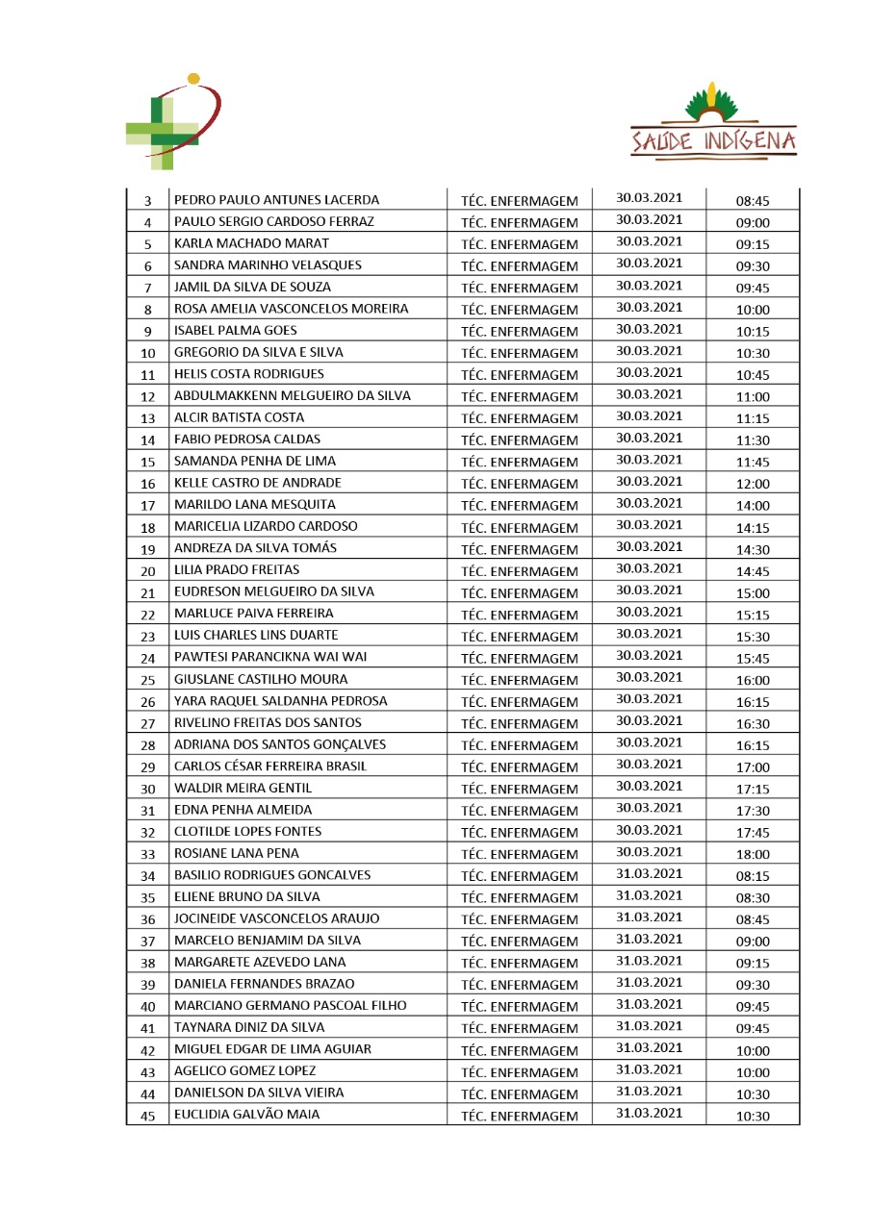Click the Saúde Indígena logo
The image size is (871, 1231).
click(713, 121)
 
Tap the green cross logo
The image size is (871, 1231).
click(171, 124)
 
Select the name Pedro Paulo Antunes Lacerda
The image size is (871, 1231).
click(276, 200)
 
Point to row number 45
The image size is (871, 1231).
click(147, 1116)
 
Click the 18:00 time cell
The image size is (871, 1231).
click(753, 854)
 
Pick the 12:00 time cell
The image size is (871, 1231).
click(753, 484)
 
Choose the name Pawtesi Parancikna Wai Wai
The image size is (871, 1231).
click(269, 658)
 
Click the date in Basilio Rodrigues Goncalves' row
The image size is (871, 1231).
click(649, 874)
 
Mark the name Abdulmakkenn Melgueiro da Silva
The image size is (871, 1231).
click(292, 396)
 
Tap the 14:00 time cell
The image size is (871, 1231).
click(753, 506)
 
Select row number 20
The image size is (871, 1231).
click(147, 571)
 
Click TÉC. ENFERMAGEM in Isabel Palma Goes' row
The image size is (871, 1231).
click(520, 332)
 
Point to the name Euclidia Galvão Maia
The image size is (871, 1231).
click(246, 1115)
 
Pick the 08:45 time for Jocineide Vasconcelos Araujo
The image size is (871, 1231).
click(753, 919)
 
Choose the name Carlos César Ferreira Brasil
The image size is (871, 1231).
click(269, 766)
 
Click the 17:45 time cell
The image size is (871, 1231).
click(753, 832)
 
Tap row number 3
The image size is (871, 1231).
click(147, 201)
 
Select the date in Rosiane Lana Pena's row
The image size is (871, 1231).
click(649, 852)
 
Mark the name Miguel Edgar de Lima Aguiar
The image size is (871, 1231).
click(272, 1049)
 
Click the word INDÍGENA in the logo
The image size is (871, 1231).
click(748, 142)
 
